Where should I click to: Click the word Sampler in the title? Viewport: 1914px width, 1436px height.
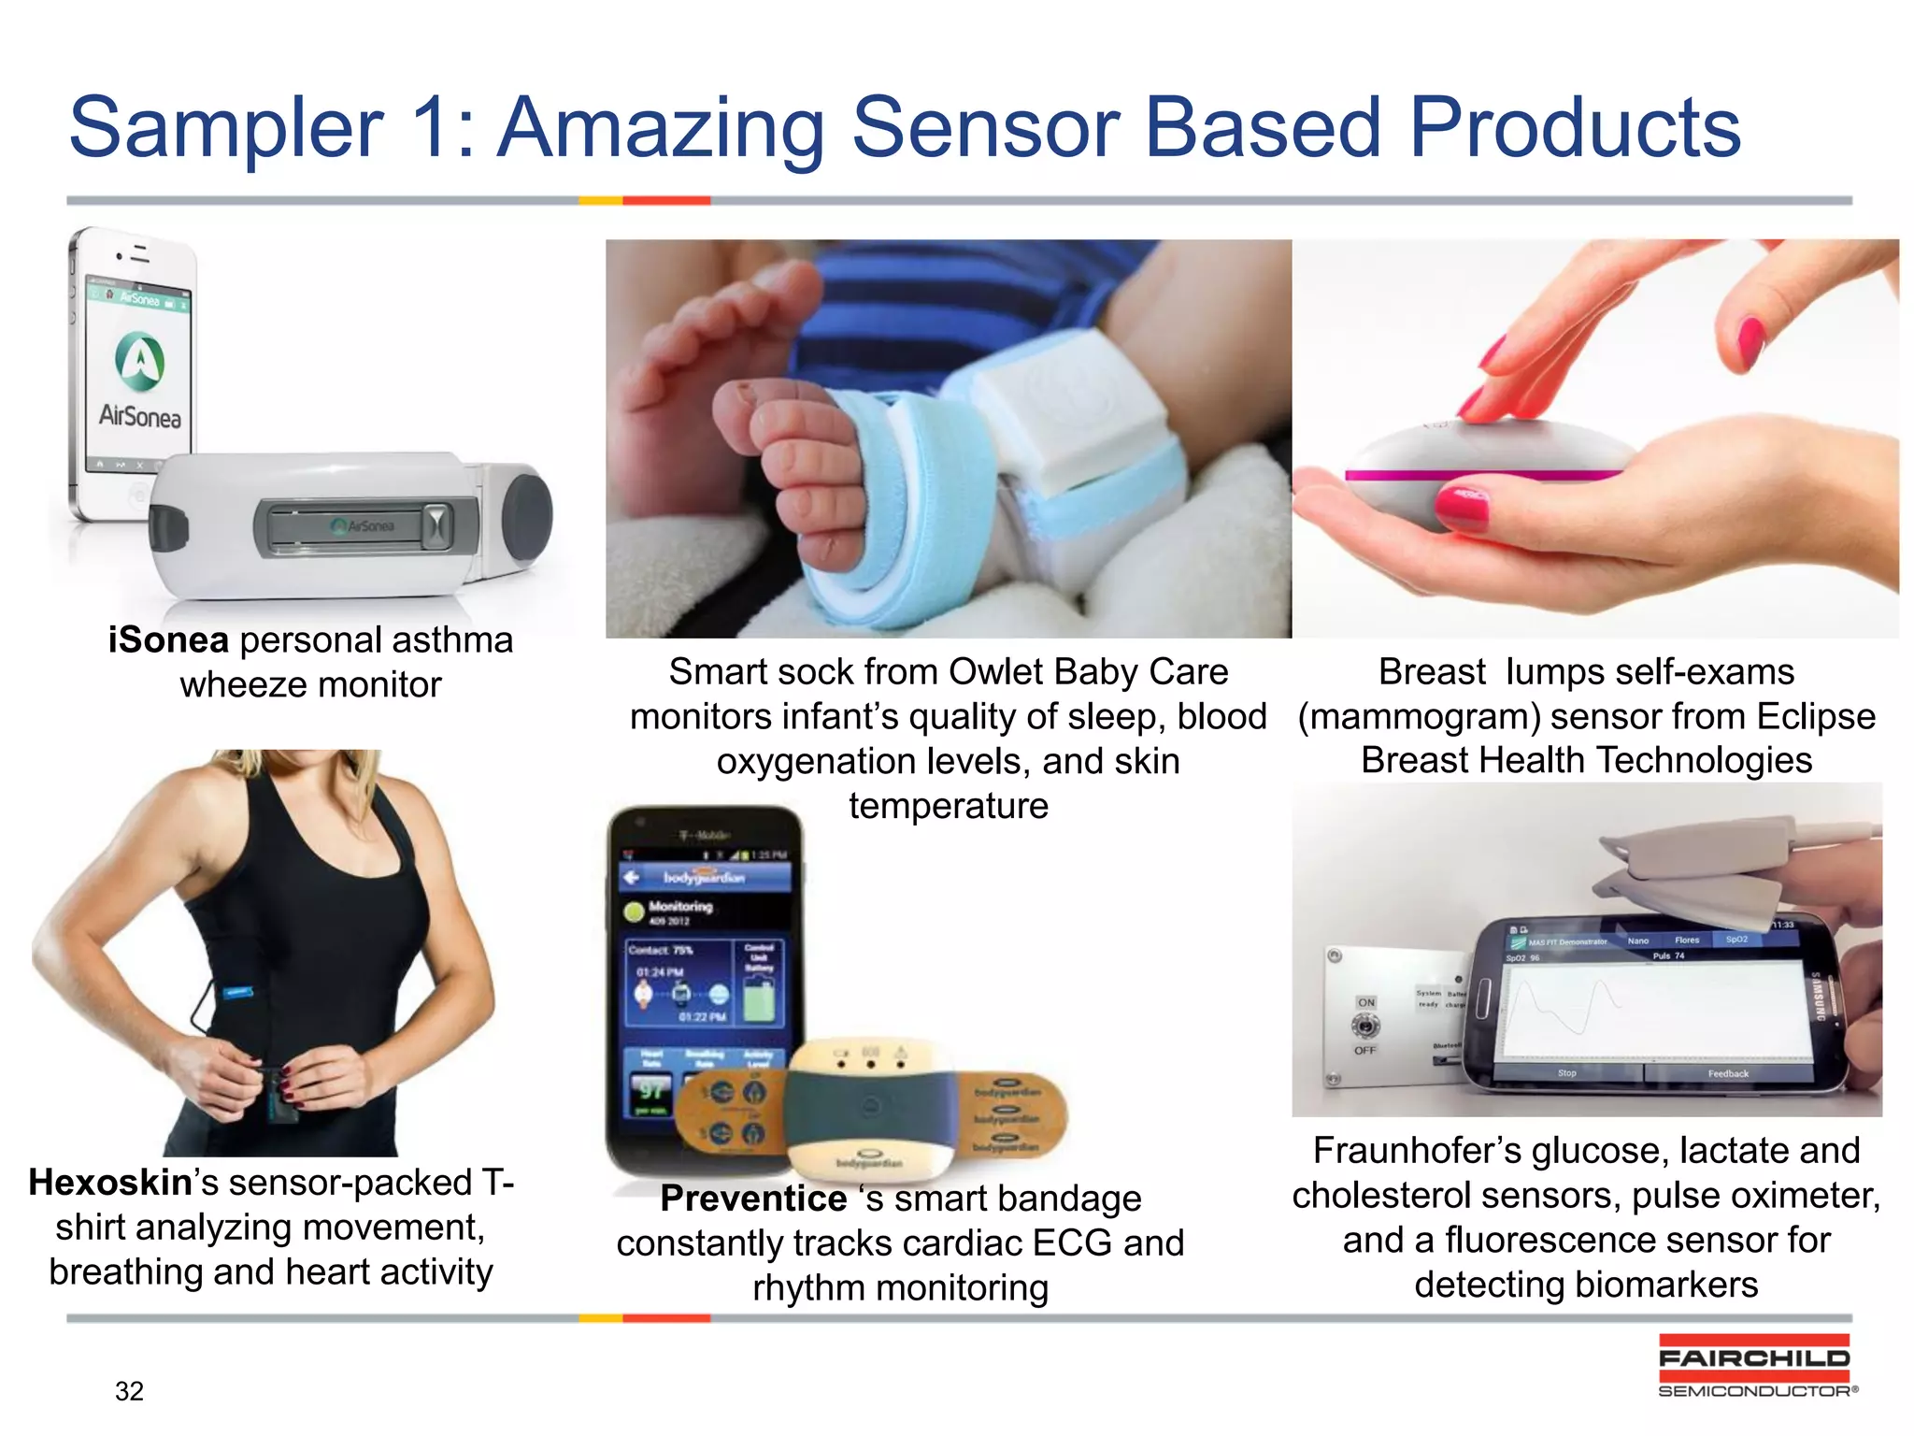[x=225, y=129]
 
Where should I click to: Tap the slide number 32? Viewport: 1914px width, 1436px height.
[x=129, y=1391]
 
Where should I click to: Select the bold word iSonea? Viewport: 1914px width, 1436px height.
[x=168, y=641]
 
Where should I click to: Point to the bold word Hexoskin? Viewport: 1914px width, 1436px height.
[x=110, y=1184]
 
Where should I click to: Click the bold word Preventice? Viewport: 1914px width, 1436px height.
[x=753, y=1199]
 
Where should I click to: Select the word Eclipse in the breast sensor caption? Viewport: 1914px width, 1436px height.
[x=1816, y=717]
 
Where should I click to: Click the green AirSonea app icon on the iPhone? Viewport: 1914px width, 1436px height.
[x=139, y=361]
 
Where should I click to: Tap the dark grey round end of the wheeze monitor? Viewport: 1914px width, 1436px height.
[x=525, y=520]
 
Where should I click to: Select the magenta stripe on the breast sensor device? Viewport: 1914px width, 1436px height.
[x=1486, y=476]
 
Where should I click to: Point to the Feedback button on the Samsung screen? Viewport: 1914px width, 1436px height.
[x=1727, y=1073]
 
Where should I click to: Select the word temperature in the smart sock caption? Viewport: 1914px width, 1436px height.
[x=948, y=807]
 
